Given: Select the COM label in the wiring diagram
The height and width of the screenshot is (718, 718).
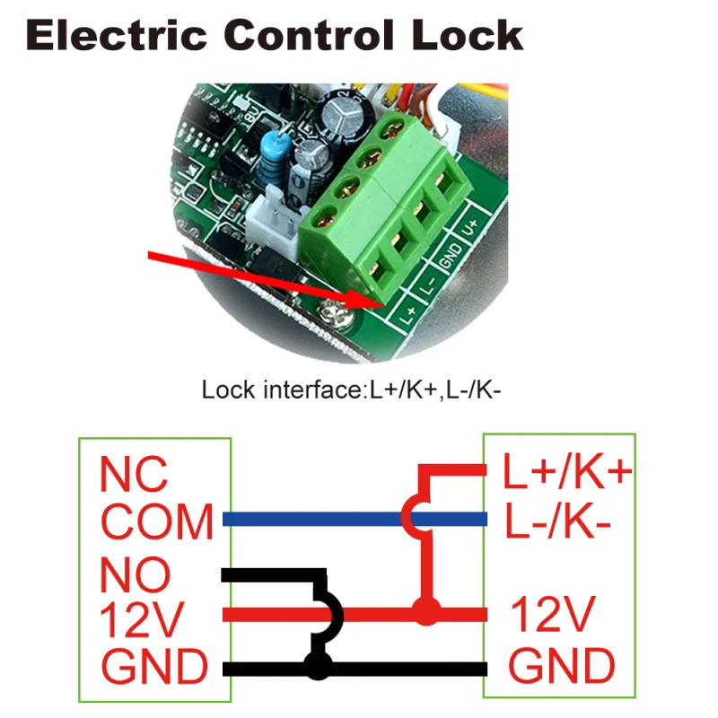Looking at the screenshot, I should pos(157,521).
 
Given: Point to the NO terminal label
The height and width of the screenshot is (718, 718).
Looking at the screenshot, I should pos(134,572).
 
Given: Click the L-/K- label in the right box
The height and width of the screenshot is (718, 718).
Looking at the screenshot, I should pos(557,521).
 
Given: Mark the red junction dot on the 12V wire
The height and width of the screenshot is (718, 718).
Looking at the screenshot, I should pos(426,614).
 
